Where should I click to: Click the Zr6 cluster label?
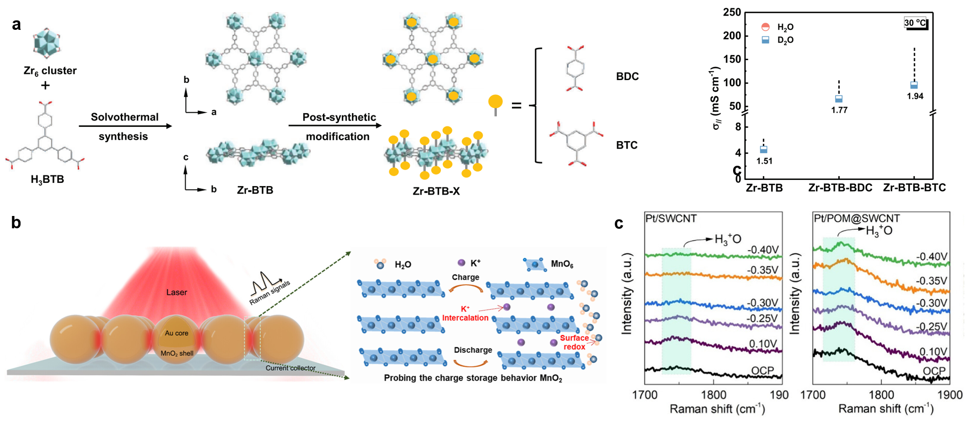click(50, 71)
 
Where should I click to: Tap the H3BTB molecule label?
click(47, 180)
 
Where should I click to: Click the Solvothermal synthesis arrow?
click(125, 126)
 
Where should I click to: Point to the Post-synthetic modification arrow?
click(335, 126)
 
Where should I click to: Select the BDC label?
click(627, 77)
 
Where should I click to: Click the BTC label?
click(627, 145)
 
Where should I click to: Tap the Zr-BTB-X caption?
click(436, 191)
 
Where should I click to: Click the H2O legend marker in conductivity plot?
click(765, 27)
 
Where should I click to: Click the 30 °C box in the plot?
click(915, 23)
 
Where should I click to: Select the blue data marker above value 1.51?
click(763, 150)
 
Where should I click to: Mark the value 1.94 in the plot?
click(915, 96)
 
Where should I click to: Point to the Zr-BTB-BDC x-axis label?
click(840, 188)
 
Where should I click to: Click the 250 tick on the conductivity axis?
click(732, 12)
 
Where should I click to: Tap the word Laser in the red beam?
click(177, 293)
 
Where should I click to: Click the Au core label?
click(176, 333)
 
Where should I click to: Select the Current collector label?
click(290, 368)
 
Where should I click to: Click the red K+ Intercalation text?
click(465, 314)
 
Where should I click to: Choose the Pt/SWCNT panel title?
click(671, 218)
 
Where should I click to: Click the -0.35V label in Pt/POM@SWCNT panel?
click(931, 281)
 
